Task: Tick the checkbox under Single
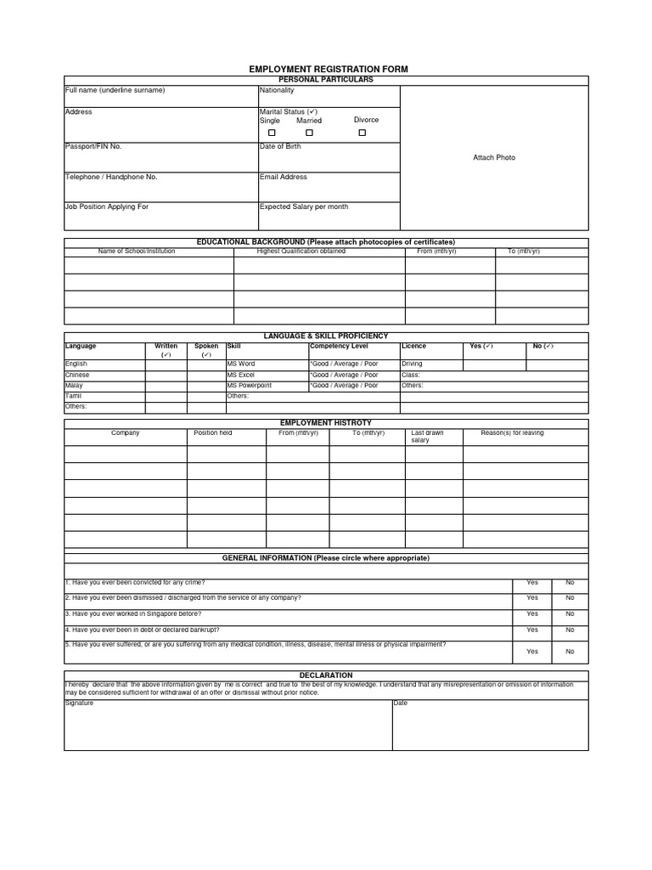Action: pyautogui.click(x=273, y=133)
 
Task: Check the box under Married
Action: pyautogui.click(x=309, y=133)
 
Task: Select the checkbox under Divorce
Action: pyautogui.click(x=363, y=133)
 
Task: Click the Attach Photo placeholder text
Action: pyautogui.click(x=494, y=158)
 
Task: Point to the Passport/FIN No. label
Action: pyautogui.click(x=93, y=147)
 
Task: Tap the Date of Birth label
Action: pyautogui.click(x=280, y=147)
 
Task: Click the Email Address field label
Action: pyautogui.click(x=284, y=178)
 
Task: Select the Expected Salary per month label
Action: pyautogui.click(x=304, y=207)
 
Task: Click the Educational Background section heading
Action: pyautogui.click(x=326, y=242)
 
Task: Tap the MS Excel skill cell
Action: pyautogui.click(x=241, y=375)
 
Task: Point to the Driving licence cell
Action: pyautogui.click(x=412, y=364)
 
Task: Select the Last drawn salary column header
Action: pyautogui.click(x=427, y=437)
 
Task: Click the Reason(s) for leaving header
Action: pyautogui.click(x=513, y=433)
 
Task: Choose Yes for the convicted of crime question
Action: pyautogui.click(x=532, y=583)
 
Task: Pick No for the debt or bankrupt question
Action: pyautogui.click(x=570, y=630)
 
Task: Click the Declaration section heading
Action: pyautogui.click(x=326, y=675)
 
